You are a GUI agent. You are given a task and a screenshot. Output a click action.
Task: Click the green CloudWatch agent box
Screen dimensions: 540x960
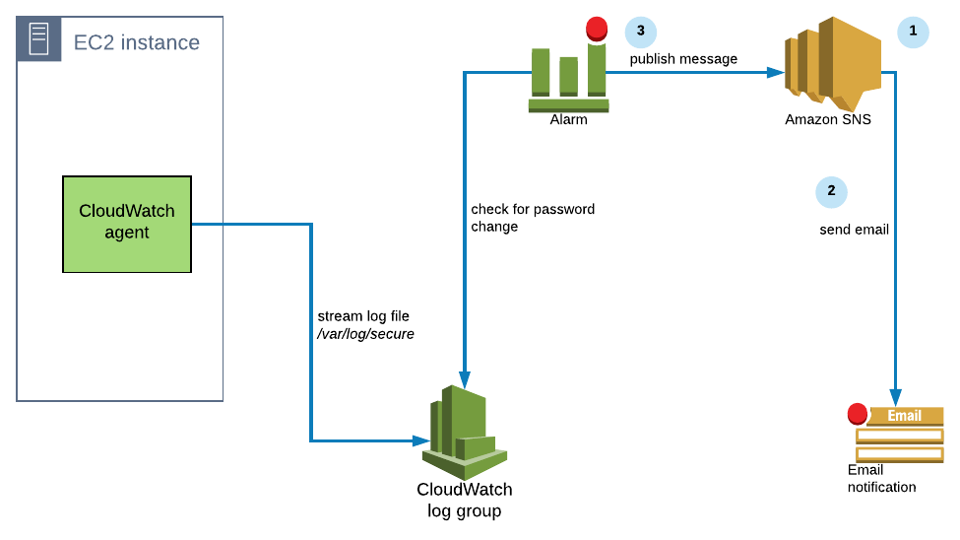pyautogui.click(x=127, y=224)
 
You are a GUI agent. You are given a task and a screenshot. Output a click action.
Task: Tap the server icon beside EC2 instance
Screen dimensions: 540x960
pyautogui.click(x=38, y=39)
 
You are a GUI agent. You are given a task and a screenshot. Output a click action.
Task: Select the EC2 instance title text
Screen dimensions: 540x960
pyautogui.click(x=137, y=42)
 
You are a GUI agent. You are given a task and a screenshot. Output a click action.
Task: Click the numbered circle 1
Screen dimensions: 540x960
pyautogui.click(x=913, y=32)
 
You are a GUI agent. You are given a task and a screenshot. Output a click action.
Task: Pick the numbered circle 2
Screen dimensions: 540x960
pyautogui.click(x=831, y=191)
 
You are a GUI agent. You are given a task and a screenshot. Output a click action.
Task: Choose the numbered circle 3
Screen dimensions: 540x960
pyautogui.click(x=641, y=32)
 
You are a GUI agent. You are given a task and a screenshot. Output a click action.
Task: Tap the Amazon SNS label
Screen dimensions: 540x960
pyautogui.click(x=828, y=119)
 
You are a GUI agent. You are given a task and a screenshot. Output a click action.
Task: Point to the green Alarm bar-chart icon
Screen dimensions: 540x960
pyautogui.click(x=568, y=78)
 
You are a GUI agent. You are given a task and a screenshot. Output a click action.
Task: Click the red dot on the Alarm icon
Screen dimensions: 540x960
pyautogui.click(x=597, y=28)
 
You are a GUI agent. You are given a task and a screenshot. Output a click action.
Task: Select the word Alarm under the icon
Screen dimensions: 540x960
pyautogui.click(x=568, y=120)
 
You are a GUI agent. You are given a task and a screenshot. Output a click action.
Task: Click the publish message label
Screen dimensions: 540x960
pyautogui.click(x=683, y=59)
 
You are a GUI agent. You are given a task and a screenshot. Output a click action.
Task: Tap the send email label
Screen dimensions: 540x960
pyautogui.click(x=854, y=230)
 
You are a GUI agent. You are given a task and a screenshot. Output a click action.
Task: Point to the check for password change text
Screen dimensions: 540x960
pyautogui.click(x=533, y=218)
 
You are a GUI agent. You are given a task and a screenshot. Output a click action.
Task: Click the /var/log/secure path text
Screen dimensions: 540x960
pyautogui.click(x=365, y=334)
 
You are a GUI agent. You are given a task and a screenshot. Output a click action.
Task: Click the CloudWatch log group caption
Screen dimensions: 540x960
pyautogui.click(x=464, y=500)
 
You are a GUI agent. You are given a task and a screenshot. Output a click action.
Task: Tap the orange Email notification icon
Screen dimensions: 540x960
pyautogui.click(x=899, y=433)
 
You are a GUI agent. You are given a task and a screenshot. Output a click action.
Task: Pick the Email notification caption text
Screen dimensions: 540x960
pyautogui.click(x=881, y=479)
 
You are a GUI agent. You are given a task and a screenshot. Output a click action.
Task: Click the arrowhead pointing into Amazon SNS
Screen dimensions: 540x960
pyautogui.click(x=777, y=72)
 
